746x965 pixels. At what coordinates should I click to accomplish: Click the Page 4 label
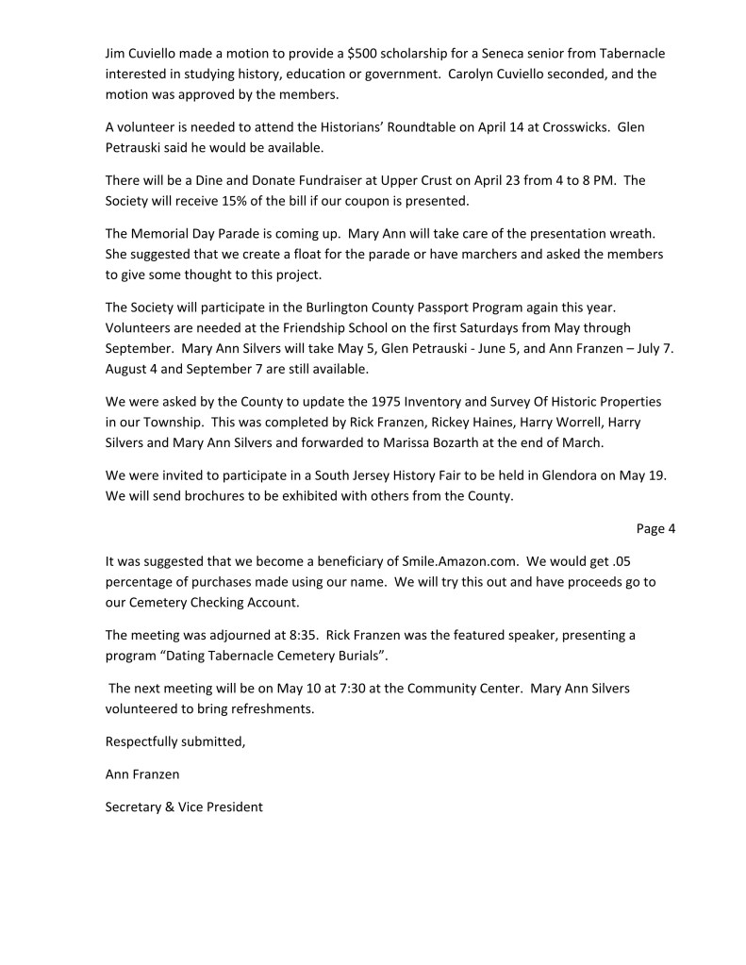[x=656, y=528]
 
